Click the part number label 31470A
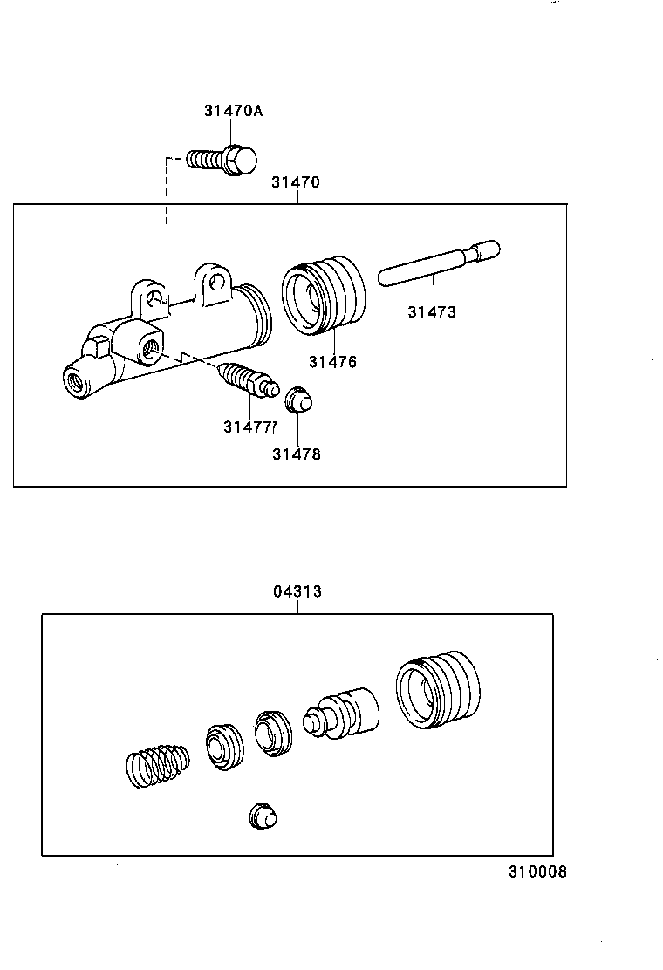tap(233, 111)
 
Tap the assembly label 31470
tap(295, 182)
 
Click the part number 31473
tap(432, 311)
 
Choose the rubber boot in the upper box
tap(325, 294)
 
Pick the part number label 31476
tap(332, 362)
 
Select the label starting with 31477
tap(249, 427)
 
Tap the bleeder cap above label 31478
tap(299, 400)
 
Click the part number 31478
tap(296, 454)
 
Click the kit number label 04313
tap(297, 591)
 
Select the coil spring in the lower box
tap(156, 765)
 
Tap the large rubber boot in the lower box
tap(437, 688)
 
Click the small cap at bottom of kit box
tap(263, 816)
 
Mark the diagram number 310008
tap(538, 871)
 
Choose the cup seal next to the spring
tap(225, 746)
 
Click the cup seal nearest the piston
tap(274, 733)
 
